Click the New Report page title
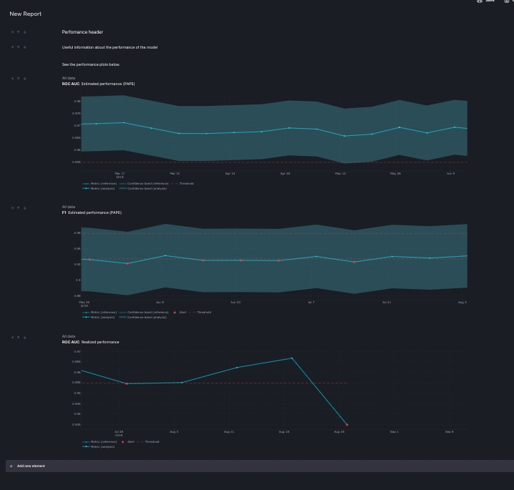[x=26, y=14]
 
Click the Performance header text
[x=82, y=32]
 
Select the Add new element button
[x=31, y=466]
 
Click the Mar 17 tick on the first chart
[x=120, y=173]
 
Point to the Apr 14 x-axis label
[x=230, y=173]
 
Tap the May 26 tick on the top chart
[x=395, y=173]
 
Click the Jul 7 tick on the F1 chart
[x=311, y=302]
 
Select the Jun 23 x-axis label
[x=236, y=302]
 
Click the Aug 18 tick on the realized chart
[x=283, y=431]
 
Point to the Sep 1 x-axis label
[x=394, y=431]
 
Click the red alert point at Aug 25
[x=347, y=425]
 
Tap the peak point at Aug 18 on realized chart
[x=292, y=358]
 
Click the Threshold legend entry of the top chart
[x=185, y=183]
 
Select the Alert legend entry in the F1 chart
[x=181, y=312]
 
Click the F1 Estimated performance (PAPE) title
[x=92, y=212]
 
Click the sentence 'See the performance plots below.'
[x=91, y=64]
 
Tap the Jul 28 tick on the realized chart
[x=119, y=431]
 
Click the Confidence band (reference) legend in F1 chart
[x=147, y=312]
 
